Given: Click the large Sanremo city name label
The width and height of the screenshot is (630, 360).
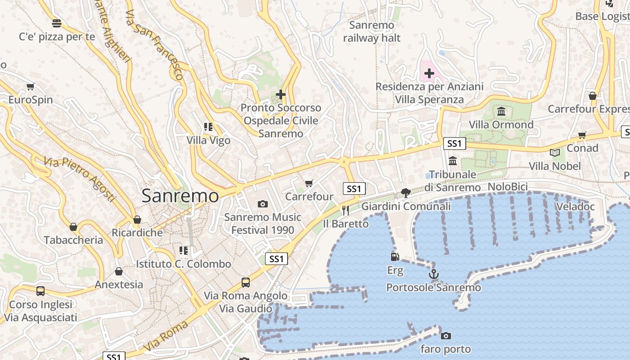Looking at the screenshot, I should coord(180,196).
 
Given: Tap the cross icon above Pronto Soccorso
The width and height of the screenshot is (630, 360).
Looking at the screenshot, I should coord(281,94).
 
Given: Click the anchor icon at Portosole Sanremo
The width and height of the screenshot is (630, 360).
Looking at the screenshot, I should coord(433,274).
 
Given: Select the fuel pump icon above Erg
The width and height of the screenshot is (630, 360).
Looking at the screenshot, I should coord(395,256).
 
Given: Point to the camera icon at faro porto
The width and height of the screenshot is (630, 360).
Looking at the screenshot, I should coord(446,336).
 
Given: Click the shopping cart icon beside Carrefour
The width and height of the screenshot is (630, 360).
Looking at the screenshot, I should coord(309,183).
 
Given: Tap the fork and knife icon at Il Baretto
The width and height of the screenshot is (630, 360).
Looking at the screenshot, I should coord(346,210).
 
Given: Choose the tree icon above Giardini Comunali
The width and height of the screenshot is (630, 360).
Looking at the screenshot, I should coord(405,193).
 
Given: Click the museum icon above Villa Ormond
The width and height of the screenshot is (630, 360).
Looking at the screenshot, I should coord(501,111).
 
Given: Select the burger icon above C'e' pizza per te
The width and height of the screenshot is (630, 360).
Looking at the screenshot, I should coord(57,23).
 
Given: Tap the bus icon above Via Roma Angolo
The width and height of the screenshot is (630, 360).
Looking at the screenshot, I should coord(245,283).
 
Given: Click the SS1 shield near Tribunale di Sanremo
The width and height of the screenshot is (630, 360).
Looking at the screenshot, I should coord(454,144).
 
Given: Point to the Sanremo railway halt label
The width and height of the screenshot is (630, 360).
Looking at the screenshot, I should coord(371,31).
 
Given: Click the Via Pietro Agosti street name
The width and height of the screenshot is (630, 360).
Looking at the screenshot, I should coord(80,179).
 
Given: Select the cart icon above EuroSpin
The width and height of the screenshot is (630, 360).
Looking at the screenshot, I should coord(31,86).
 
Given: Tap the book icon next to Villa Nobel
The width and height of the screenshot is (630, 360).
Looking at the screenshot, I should coord(555,153).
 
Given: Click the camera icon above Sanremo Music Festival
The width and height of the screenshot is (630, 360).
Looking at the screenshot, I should coord(263,204).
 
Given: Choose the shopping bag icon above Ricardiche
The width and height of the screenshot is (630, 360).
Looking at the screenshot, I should coord(137,220).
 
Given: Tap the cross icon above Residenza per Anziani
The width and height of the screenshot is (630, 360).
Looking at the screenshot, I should coord(429,73).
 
